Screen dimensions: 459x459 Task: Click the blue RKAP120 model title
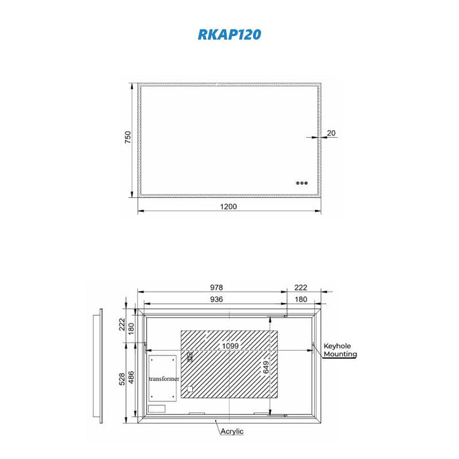[229, 34]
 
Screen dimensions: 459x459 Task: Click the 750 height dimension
[128, 137]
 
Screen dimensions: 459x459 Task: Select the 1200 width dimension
[228, 207]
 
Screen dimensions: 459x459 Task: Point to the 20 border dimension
[331, 133]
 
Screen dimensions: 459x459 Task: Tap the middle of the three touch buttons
[302, 183]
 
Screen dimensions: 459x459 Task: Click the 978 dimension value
[216, 287]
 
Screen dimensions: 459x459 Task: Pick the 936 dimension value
[216, 299]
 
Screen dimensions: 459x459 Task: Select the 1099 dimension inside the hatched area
[230, 346]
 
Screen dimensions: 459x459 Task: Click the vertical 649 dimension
[266, 367]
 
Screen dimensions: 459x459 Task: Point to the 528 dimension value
[122, 379]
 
